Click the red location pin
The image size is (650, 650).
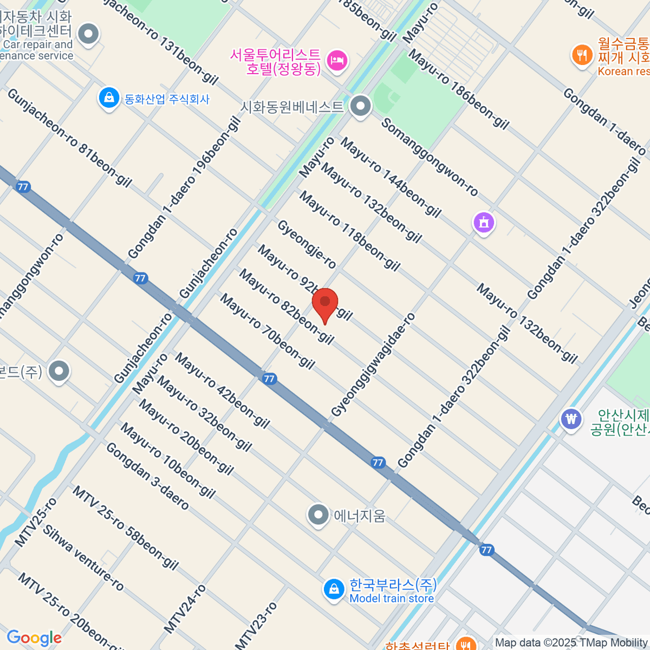325,303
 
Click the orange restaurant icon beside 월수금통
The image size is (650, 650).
582,55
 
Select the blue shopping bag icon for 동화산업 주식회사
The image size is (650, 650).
109,99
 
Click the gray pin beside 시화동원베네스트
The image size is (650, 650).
360,106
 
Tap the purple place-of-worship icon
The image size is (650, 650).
484,222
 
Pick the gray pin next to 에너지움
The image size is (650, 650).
318,515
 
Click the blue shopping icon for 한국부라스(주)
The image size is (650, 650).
334,589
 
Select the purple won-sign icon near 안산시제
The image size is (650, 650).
571,419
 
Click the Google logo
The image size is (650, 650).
34,638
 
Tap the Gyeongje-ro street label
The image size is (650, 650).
307,244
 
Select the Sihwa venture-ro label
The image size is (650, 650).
83,558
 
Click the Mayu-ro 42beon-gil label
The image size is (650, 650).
222,390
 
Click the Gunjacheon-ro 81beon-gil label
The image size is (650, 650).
69,138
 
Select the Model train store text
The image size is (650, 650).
392,599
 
